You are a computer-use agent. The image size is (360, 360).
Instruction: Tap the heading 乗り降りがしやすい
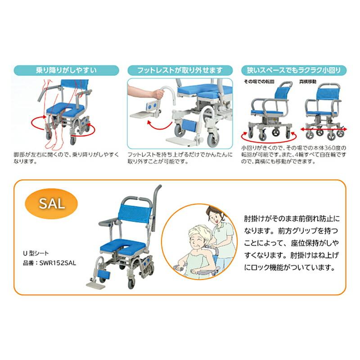click(67, 70)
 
